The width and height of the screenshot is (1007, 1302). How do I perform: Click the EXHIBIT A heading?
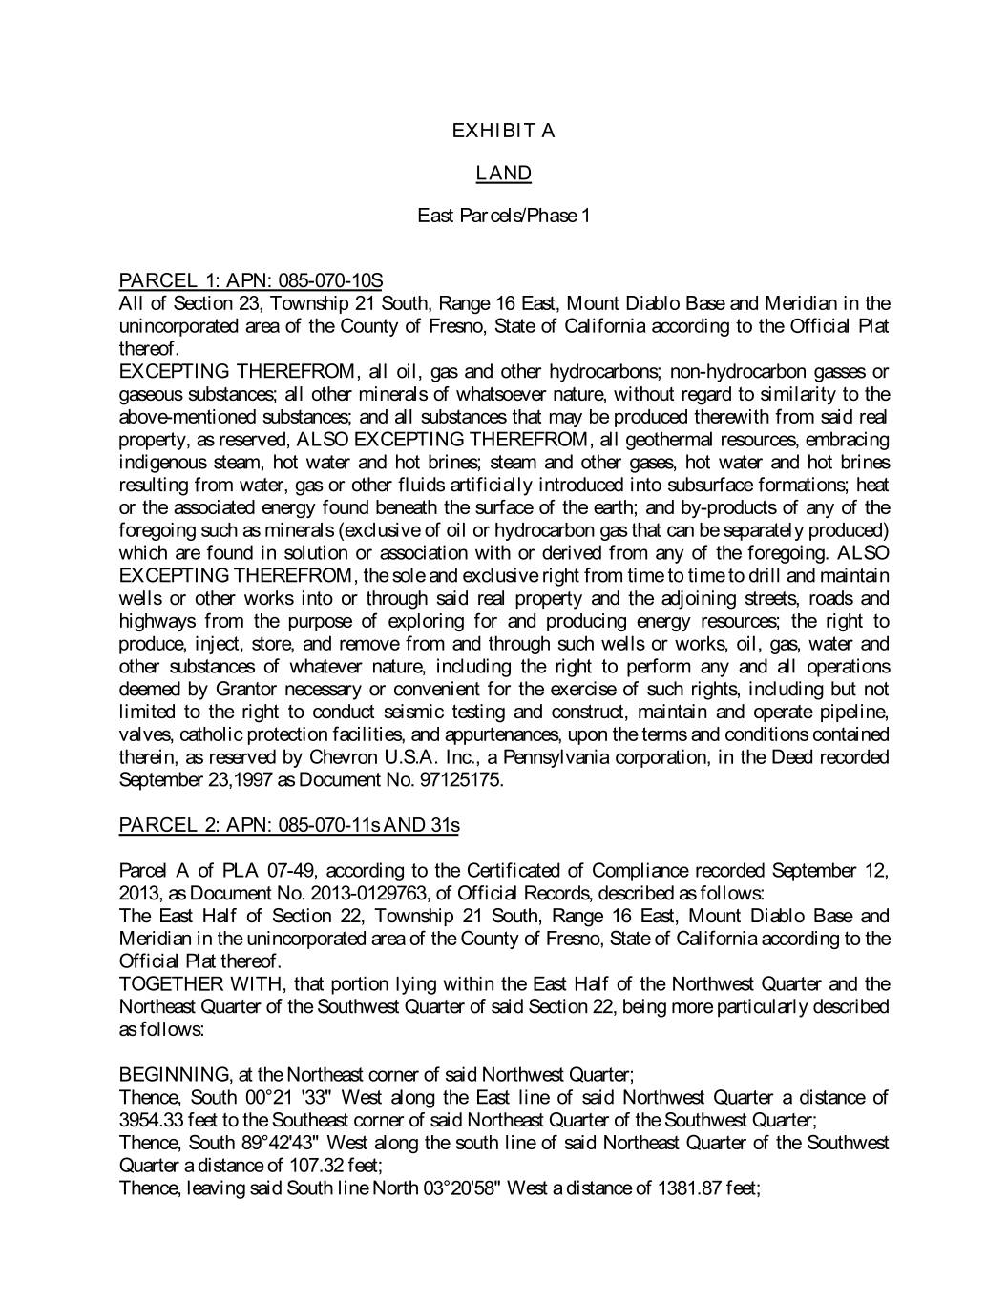[x=503, y=131]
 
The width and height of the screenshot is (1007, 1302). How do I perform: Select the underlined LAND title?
[x=503, y=174]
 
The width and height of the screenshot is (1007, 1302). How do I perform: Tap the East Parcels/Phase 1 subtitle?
[x=503, y=216]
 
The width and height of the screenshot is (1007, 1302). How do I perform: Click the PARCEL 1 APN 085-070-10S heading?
[x=250, y=280]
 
